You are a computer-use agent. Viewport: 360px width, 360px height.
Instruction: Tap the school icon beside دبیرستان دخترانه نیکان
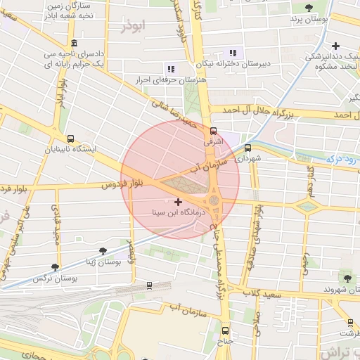point(233,52)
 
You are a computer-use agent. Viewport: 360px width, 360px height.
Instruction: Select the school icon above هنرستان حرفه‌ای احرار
point(170,68)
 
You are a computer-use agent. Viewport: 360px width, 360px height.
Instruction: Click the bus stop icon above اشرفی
point(213,130)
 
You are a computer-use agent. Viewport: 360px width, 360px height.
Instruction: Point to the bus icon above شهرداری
point(247,148)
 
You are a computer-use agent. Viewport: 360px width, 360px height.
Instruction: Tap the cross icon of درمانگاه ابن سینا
point(178,202)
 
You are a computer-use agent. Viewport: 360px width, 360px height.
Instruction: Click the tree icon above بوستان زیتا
point(103,250)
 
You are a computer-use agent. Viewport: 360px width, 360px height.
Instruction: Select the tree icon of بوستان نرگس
point(56,267)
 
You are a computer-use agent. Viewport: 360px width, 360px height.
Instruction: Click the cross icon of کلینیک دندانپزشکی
point(336,46)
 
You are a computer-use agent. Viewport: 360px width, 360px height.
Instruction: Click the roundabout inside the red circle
point(214,202)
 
